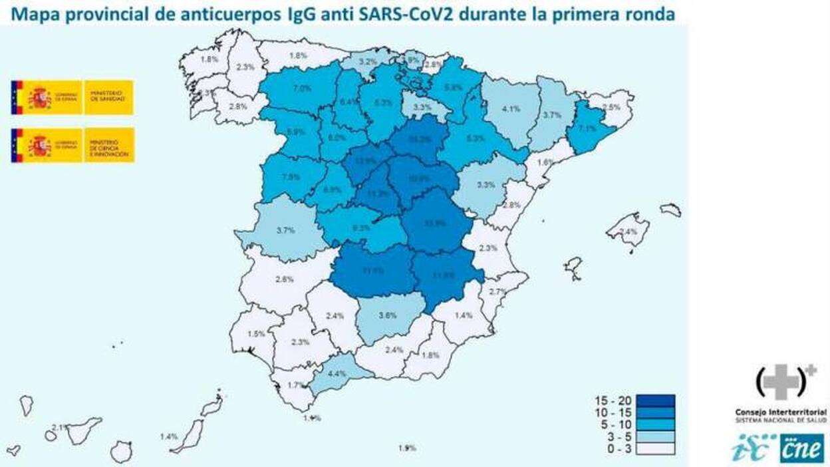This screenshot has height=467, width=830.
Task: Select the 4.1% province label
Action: point(511,110)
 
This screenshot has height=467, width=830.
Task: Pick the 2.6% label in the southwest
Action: point(283,279)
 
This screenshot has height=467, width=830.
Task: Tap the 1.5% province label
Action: point(256,334)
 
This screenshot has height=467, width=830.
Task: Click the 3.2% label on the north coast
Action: point(368,61)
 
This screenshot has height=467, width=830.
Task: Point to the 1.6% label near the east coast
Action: point(545,162)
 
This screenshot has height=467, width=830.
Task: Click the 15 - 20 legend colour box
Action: point(654,400)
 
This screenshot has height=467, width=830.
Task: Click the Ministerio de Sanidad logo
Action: point(72,98)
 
